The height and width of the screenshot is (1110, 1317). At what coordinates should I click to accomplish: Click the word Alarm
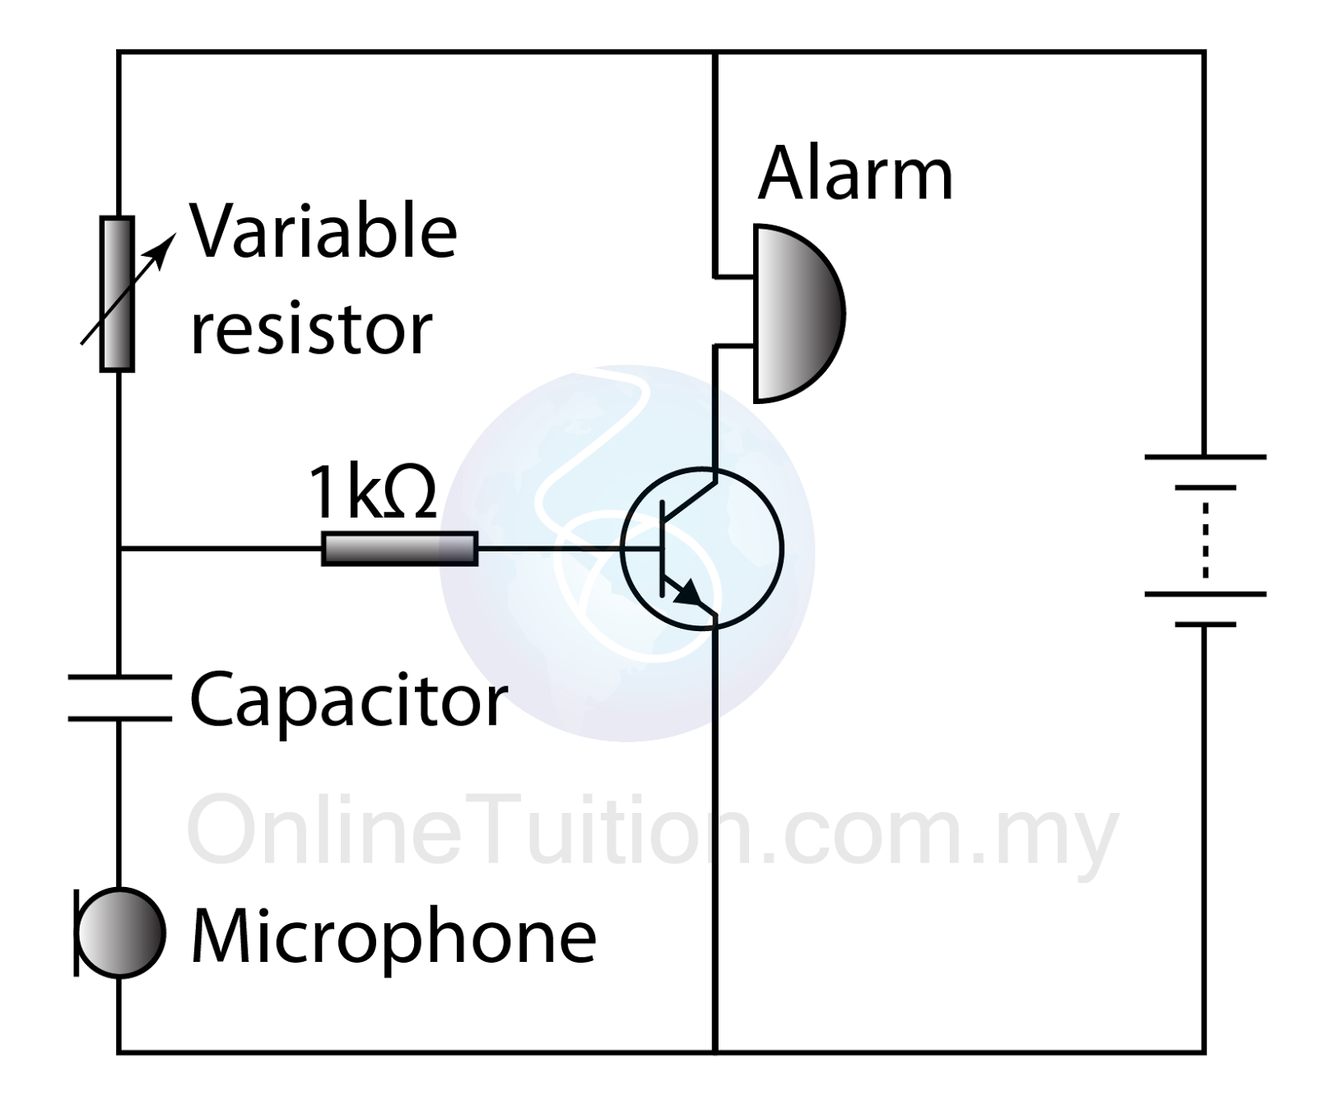(x=855, y=174)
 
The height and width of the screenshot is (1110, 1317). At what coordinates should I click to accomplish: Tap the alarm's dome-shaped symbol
(x=797, y=313)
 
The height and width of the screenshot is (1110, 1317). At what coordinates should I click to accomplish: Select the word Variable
(x=323, y=231)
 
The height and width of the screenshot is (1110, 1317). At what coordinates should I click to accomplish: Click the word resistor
(x=311, y=328)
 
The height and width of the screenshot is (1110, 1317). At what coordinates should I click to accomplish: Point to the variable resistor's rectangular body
(x=117, y=295)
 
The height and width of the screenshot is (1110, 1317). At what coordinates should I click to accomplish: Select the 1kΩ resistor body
(x=399, y=549)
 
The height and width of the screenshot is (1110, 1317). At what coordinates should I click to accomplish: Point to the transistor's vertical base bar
(x=663, y=548)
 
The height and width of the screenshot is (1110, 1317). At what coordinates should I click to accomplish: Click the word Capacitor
(x=348, y=700)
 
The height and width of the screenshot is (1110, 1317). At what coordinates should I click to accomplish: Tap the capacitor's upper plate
(x=119, y=677)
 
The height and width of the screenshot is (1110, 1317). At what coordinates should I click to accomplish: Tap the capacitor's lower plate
(x=119, y=719)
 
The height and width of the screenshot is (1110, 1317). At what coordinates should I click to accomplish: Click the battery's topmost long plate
(x=1205, y=456)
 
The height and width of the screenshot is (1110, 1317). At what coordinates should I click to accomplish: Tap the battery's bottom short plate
(x=1205, y=625)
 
